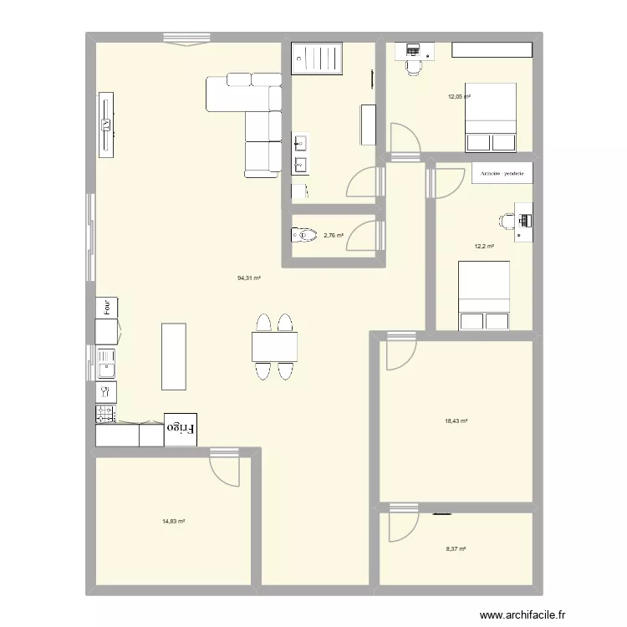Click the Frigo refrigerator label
coord(181,427)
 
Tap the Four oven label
coord(107,307)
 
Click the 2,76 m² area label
coord(333,236)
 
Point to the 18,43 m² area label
coord(456,421)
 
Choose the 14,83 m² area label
coord(173,521)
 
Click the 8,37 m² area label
coord(455,548)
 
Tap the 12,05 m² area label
coord(458,97)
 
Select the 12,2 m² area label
coord(484,246)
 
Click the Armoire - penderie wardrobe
coord(502,174)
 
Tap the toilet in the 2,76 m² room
coord(303,236)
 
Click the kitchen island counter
coord(173,355)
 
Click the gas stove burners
coord(106,413)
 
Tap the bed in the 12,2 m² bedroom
coord(483,295)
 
